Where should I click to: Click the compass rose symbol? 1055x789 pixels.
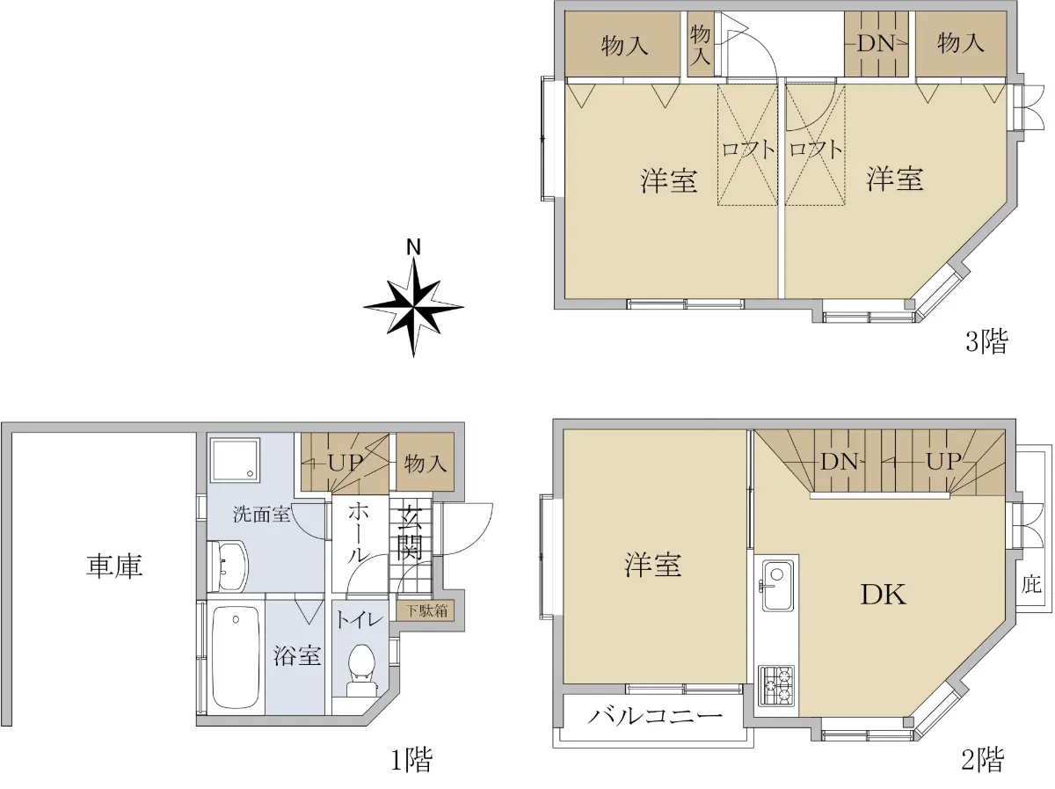414,307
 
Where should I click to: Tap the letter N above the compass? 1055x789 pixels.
414,247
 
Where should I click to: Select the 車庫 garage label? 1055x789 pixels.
114,566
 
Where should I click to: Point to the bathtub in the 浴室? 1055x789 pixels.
236,656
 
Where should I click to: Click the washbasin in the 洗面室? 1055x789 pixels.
227,566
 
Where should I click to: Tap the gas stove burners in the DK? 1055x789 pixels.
776,684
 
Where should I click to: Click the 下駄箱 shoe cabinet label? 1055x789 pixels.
426,611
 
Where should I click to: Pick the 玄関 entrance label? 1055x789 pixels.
411,533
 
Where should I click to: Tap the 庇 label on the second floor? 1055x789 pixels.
1031,585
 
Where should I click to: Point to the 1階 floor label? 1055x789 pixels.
411,760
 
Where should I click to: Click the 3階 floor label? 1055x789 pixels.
986,342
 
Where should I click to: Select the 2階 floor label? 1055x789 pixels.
983,760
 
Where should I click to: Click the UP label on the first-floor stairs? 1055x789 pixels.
346,463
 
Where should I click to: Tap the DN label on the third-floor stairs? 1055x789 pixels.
876,44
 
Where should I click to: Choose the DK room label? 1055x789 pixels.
883,595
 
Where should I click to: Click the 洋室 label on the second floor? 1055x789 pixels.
652,565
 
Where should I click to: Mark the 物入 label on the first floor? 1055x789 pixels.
426,464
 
